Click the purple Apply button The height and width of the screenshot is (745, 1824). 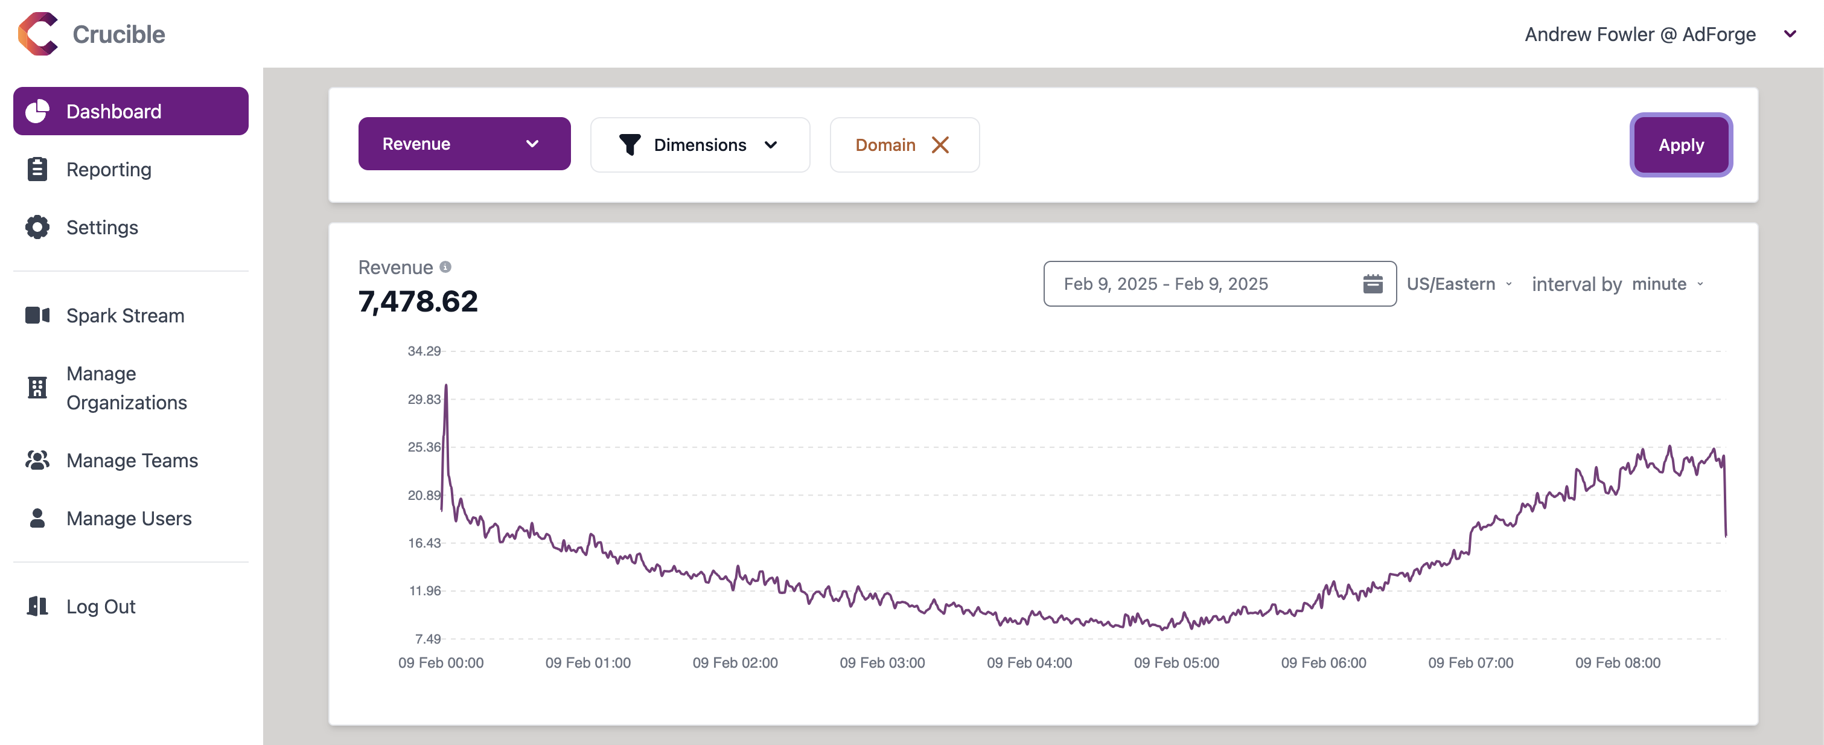tap(1680, 144)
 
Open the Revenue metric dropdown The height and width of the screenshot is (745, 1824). tap(464, 144)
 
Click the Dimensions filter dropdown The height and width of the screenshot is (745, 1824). tap(700, 144)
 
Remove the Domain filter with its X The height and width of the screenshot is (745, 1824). tap(940, 144)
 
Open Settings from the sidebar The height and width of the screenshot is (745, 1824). tap(102, 228)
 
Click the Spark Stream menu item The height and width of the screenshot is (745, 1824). tap(124, 315)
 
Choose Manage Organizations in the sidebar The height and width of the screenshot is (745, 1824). tap(126, 388)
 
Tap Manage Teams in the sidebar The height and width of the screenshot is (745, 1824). tap(132, 460)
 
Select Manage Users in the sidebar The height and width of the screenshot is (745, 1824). tap(129, 519)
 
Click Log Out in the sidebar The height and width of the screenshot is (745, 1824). tap(101, 606)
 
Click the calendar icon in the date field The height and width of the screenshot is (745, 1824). tap(1373, 284)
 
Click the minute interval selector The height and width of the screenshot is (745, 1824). tap(1666, 284)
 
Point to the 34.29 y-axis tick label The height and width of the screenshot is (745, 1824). tap(424, 351)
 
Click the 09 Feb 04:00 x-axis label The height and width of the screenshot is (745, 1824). tap(1029, 663)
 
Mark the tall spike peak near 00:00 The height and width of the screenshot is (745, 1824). tap(445, 386)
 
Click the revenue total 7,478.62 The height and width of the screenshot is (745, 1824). tap(418, 302)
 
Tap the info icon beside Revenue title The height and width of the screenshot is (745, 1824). tap(445, 267)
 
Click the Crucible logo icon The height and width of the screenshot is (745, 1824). tap(38, 33)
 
